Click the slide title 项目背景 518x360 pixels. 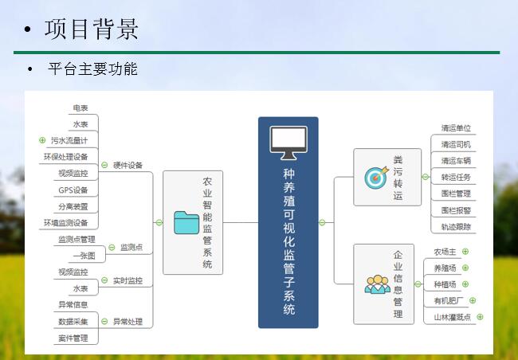pos(91,29)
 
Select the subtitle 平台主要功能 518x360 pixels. pos(92,68)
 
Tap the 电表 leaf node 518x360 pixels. pos(80,108)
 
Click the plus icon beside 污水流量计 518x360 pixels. pos(42,140)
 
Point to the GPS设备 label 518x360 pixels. pos(73,190)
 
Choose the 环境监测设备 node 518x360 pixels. pos(65,223)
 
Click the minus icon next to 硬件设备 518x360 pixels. pos(104,165)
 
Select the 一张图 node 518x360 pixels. pos(84,256)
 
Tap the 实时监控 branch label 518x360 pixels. pos(128,280)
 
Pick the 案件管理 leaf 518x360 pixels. pos(73,338)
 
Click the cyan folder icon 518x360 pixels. pos(186,222)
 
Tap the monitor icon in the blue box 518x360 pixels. pos(288,143)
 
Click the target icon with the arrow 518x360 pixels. pos(376,178)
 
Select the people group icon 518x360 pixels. pos(377,284)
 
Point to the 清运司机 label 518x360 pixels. pos(456,144)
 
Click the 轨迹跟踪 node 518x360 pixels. pos(456,227)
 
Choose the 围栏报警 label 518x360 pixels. pos(456,210)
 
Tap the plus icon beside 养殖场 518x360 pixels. pos(465,268)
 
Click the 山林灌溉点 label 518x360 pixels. pos(453,317)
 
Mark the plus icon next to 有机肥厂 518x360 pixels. pos(473,300)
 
